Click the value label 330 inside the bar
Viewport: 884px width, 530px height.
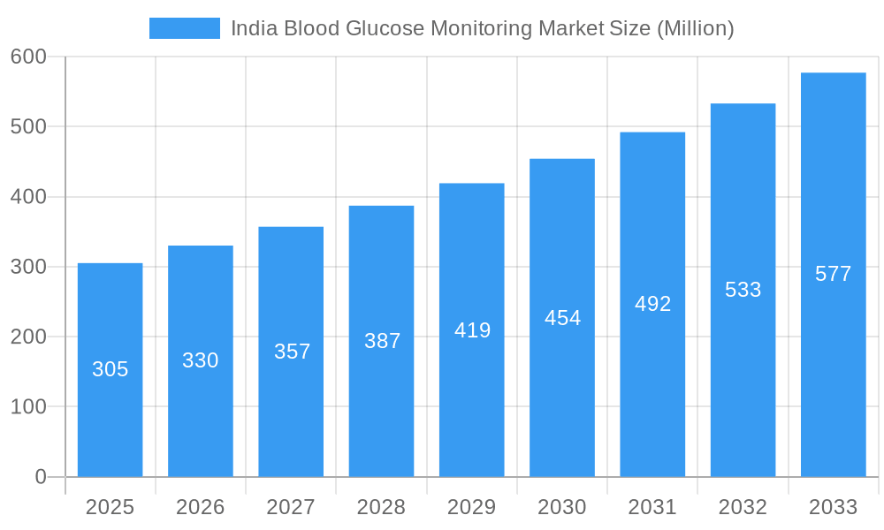tap(201, 360)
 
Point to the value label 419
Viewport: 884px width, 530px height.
tap(472, 330)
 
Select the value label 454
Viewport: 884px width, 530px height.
tap(562, 318)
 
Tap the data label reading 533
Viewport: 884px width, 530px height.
tap(743, 290)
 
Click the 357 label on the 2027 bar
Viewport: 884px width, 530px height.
tap(292, 352)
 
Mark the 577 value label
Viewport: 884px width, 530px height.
tap(833, 274)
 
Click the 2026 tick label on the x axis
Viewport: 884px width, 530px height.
tap(201, 507)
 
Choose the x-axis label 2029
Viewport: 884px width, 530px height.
tap(471, 507)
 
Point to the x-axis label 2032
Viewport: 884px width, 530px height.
tap(743, 507)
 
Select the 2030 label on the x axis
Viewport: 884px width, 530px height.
tap(562, 507)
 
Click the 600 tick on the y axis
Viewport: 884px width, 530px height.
tap(28, 57)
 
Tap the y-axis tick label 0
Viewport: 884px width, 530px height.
tap(41, 477)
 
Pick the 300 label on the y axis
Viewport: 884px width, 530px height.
tap(28, 267)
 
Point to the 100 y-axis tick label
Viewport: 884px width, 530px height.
tap(28, 407)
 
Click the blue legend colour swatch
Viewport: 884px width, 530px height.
tap(185, 28)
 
